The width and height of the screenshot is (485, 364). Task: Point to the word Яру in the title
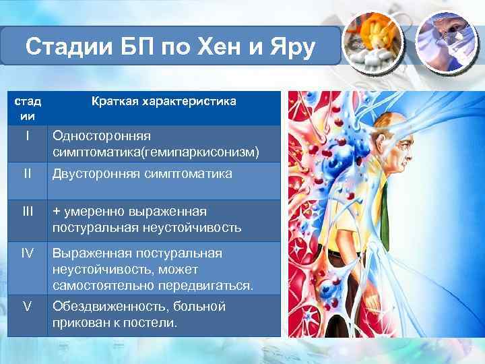[292, 49]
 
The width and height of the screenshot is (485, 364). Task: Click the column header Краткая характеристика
[164, 101]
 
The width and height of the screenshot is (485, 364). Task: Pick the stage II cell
[27, 174]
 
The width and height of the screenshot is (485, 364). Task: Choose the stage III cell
[27, 212]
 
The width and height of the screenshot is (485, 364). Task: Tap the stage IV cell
[27, 253]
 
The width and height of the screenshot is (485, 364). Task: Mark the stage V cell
[27, 307]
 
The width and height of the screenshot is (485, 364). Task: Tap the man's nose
[412, 150]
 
